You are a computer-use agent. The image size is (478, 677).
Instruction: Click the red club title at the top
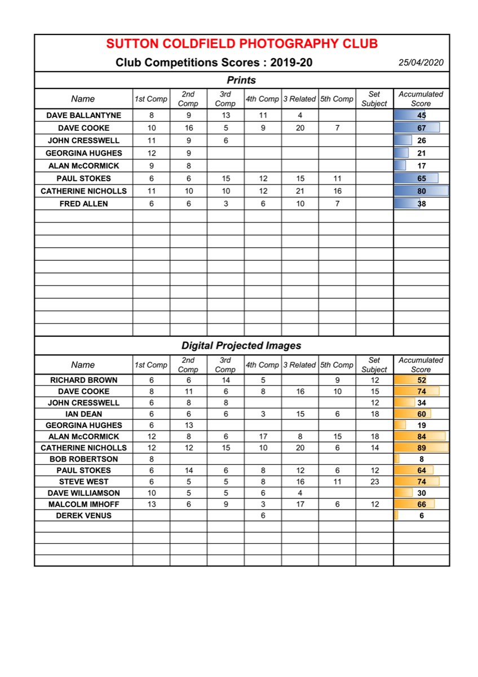tap(242, 44)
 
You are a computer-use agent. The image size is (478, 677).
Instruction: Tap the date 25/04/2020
tap(421, 63)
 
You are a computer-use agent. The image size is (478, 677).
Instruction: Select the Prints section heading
tap(241, 80)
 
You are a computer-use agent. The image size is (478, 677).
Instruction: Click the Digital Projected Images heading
tap(241, 345)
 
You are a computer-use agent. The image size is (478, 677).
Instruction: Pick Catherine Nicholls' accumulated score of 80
tap(422, 191)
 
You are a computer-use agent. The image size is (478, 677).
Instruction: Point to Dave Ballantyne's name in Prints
tap(83, 115)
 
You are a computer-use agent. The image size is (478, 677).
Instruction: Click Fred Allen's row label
tap(83, 204)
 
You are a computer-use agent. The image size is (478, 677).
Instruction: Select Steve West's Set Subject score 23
tap(374, 482)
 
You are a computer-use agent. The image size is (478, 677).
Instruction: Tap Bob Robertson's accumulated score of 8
tap(422, 459)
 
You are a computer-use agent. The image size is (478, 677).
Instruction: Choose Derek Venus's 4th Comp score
tap(263, 516)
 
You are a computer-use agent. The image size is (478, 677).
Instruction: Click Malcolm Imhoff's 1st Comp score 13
tap(151, 504)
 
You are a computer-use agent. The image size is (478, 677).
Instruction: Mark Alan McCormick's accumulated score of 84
tap(422, 437)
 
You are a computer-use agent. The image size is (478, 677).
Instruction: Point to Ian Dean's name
tap(83, 414)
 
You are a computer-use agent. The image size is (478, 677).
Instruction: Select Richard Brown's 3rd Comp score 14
tap(225, 380)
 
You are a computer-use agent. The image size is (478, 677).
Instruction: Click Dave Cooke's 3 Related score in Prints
tap(300, 128)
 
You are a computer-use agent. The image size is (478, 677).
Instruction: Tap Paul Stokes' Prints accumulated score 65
tap(422, 178)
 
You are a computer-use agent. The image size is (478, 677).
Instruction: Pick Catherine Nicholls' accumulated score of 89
tap(422, 448)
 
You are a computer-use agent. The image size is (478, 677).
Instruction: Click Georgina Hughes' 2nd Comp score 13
tap(188, 425)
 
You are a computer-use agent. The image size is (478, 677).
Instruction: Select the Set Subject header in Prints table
tap(374, 99)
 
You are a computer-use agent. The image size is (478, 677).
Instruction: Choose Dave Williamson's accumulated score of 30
tap(422, 493)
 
